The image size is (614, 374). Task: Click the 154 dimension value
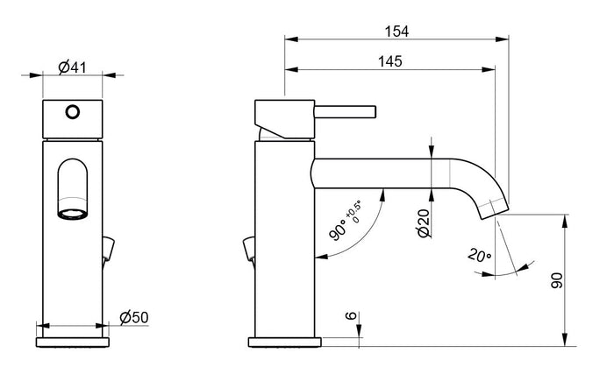396,31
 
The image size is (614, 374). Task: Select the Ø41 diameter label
72,67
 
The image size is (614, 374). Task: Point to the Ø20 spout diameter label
422,224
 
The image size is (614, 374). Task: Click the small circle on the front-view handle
74,111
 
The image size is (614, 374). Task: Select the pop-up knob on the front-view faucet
108,249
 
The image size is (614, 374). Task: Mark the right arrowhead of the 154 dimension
504,39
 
